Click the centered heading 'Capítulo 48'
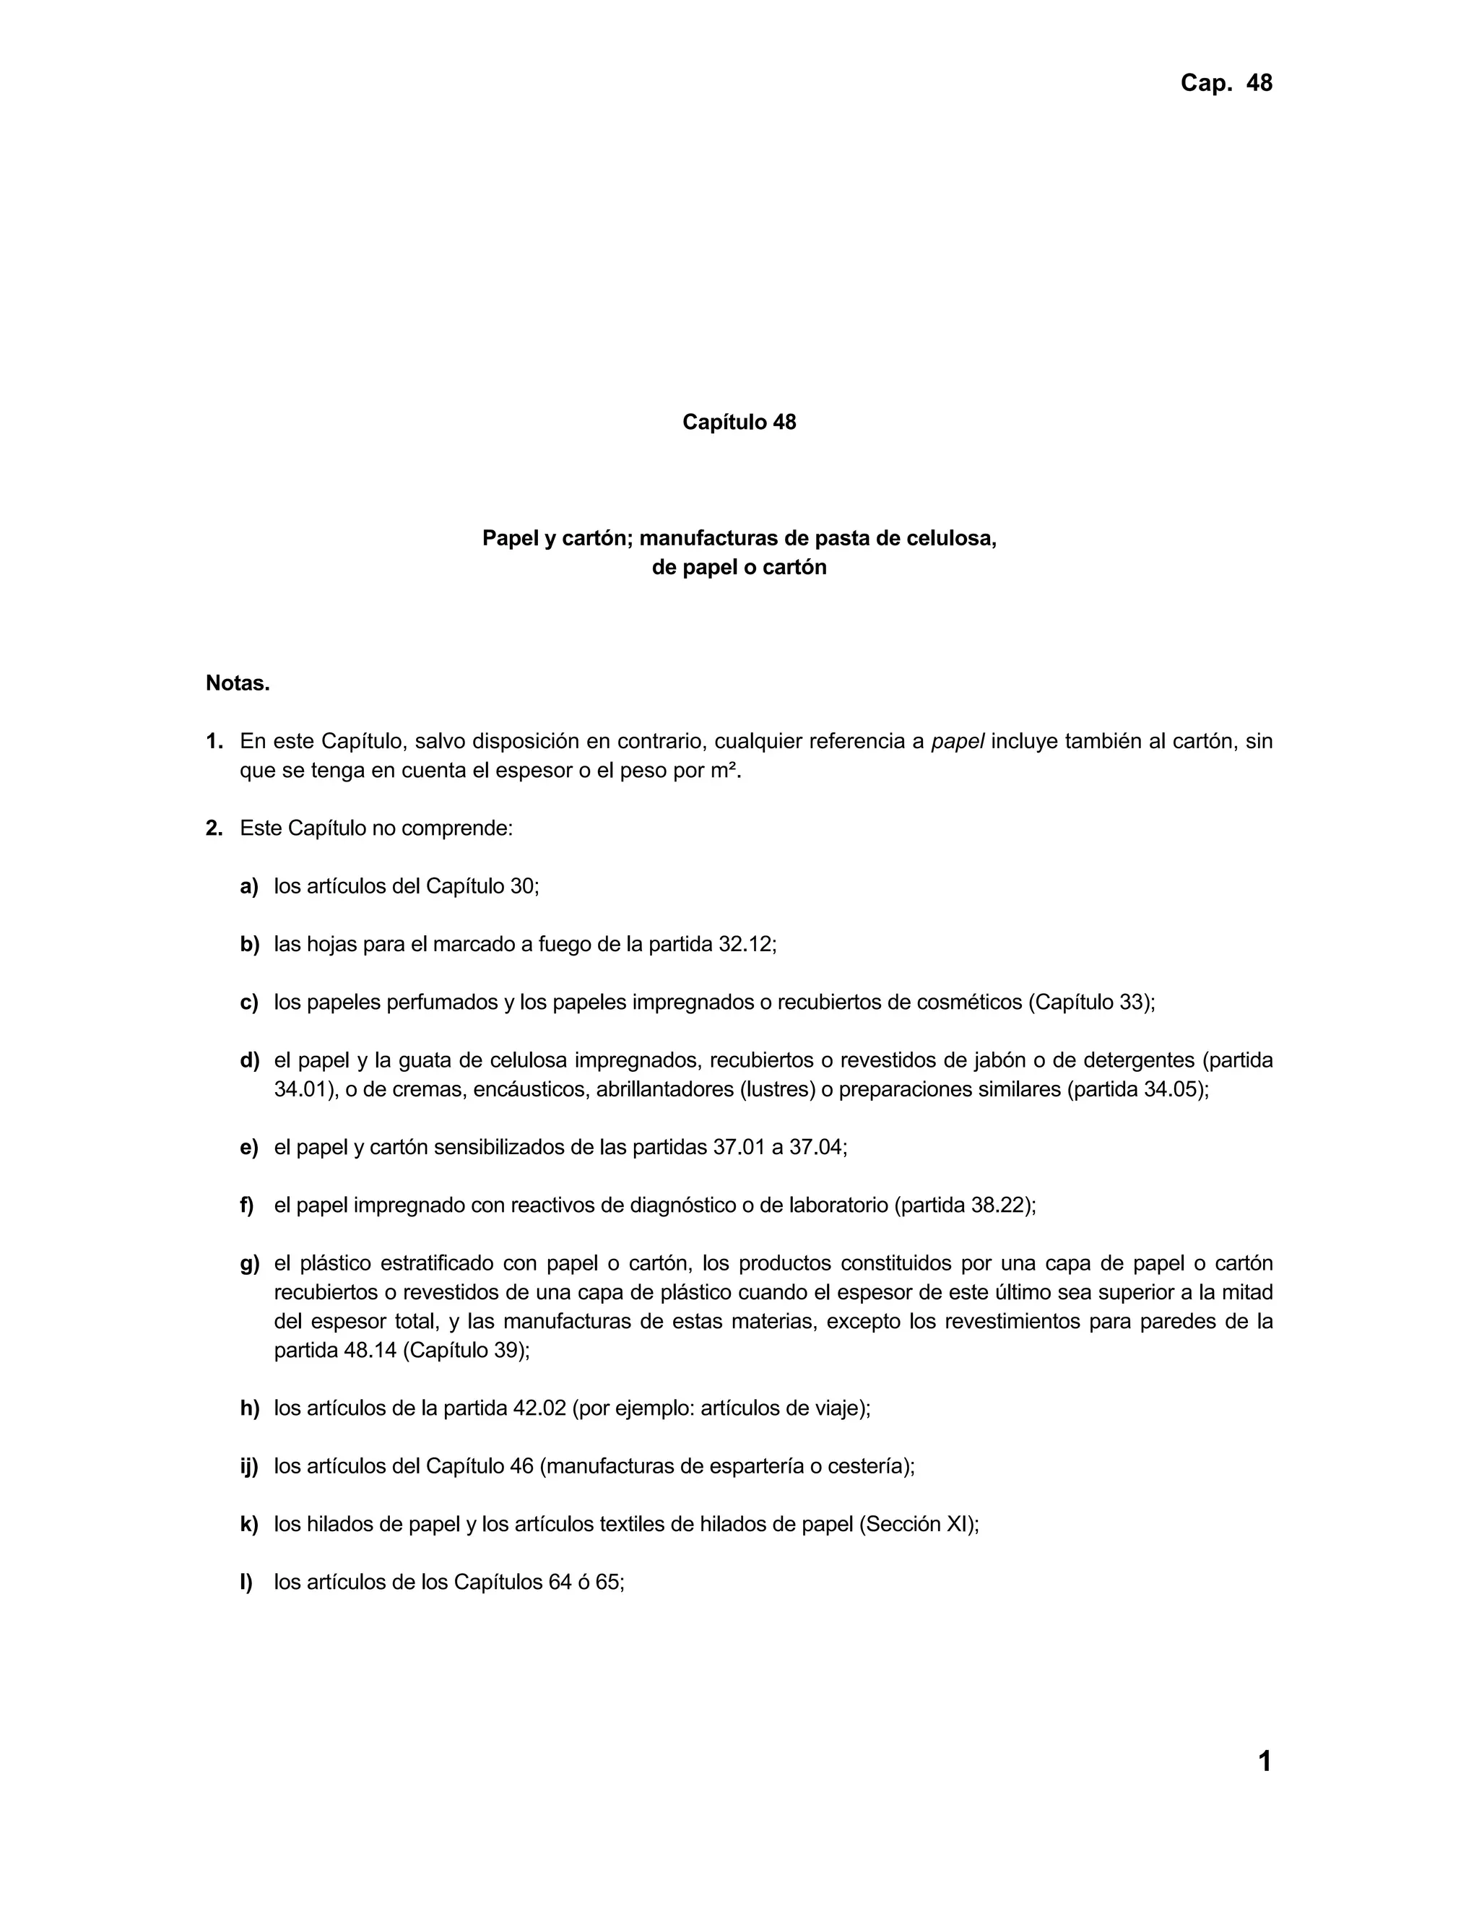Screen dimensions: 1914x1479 click(739, 423)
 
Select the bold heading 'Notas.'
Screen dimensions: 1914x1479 click(238, 683)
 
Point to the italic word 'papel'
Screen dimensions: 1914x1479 click(957, 742)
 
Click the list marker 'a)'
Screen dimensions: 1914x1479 click(249, 886)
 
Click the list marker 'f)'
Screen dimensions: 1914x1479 click(247, 1205)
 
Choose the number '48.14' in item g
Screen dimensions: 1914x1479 click(370, 1351)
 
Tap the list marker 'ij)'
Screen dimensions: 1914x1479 click(249, 1466)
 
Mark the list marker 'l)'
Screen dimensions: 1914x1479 click(246, 1582)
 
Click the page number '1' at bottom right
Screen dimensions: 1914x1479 click(1265, 1761)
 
